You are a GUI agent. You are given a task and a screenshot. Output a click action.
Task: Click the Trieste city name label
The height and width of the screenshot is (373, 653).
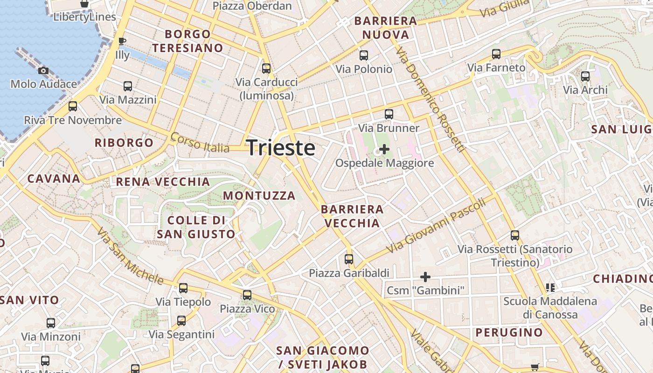click(x=281, y=148)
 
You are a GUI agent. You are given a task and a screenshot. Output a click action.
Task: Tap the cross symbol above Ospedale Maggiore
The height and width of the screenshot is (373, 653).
click(x=384, y=149)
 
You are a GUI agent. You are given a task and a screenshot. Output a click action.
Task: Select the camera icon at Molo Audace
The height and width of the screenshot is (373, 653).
click(x=43, y=70)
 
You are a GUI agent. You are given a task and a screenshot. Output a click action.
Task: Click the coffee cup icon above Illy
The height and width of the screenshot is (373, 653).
click(x=122, y=41)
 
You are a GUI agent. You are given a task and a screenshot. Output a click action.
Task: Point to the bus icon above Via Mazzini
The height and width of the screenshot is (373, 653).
click(x=127, y=86)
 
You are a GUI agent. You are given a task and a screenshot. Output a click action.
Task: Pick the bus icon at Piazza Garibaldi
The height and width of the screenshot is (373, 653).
click(x=349, y=259)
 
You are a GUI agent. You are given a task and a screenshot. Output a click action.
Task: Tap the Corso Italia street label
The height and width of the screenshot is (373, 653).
click(x=200, y=143)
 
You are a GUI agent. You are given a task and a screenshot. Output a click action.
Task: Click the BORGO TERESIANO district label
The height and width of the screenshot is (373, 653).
click(x=188, y=41)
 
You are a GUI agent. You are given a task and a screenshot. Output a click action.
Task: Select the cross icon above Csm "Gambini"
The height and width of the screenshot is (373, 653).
click(x=425, y=276)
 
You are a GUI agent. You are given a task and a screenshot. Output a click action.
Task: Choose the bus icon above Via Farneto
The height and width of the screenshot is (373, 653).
click(x=496, y=54)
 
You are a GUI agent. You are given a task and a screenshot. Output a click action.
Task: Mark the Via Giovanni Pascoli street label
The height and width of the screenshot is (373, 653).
click(x=437, y=226)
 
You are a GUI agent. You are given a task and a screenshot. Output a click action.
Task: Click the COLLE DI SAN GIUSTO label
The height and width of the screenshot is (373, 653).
click(x=196, y=227)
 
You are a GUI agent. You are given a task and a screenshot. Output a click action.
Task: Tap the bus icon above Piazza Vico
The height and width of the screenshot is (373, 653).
click(x=247, y=295)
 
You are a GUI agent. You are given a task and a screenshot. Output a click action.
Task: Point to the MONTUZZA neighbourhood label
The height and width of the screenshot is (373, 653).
click(x=259, y=196)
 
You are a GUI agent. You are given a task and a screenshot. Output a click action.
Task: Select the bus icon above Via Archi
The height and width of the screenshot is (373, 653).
click(x=585, y=76)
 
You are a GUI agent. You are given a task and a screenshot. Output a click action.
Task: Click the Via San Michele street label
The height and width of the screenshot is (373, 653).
click(x=130, y=256)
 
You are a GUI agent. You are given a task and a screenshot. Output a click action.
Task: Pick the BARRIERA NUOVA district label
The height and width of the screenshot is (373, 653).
click(x=386, y=28)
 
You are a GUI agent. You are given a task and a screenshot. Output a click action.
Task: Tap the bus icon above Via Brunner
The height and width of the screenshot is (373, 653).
click(x=389, y=114)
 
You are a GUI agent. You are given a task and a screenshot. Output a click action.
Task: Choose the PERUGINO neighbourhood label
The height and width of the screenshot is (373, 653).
click(x=509, y=332)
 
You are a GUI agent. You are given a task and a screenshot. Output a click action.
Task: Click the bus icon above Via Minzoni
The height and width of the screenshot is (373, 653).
click(x=51, y=323)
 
